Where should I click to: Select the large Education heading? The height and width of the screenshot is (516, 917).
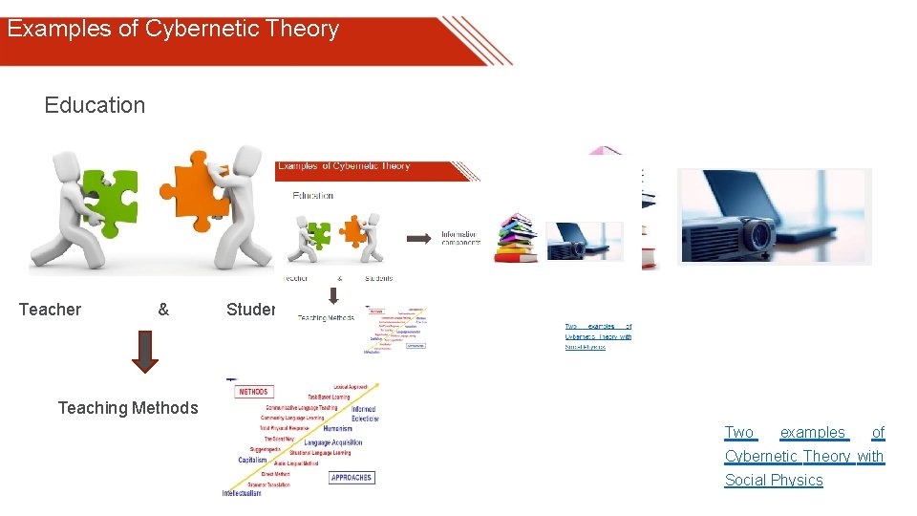(x=95, y=105)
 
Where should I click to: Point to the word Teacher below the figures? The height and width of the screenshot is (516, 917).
(x=50, y=309)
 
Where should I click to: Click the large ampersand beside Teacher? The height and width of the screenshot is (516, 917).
(x=163, y=309)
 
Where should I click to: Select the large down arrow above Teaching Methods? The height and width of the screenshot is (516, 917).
(x=143, y=351)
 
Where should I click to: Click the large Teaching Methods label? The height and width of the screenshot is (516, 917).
(x=127, y=408)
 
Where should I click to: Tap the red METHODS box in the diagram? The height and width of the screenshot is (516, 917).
(x=253, y=392)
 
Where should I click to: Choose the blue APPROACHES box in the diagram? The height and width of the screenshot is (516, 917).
(x=352, y=477)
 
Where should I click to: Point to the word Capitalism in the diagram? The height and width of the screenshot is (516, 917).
(x=252, y=460)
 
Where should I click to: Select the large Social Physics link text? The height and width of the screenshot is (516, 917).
(x=773, y=480)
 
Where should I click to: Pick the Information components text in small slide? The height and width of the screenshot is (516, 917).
(x=460, y=238)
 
